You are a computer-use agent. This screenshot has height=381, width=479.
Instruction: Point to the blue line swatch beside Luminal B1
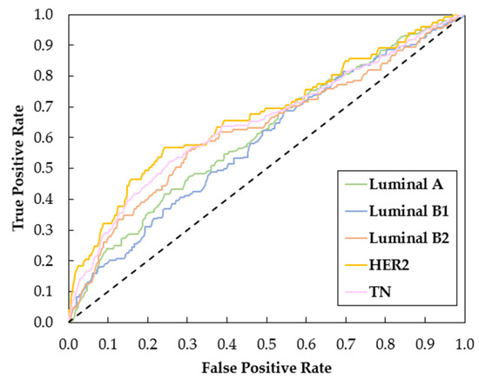(x=354, y=210)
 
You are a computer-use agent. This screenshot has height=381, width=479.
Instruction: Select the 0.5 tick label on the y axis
(x=51, y=169)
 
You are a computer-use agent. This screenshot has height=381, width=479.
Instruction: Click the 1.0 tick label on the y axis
(x=51, y=16)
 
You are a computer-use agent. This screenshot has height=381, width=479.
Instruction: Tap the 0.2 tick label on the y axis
(x=51, y=262)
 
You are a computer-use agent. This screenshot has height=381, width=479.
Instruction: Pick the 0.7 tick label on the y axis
(x=51, y=108)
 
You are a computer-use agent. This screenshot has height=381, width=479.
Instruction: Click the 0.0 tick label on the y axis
(x=51, y=323)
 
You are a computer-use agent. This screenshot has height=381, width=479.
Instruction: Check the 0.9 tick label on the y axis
(x=51, y=46)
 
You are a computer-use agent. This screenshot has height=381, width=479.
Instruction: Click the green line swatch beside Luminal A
(x=354, y=184)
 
